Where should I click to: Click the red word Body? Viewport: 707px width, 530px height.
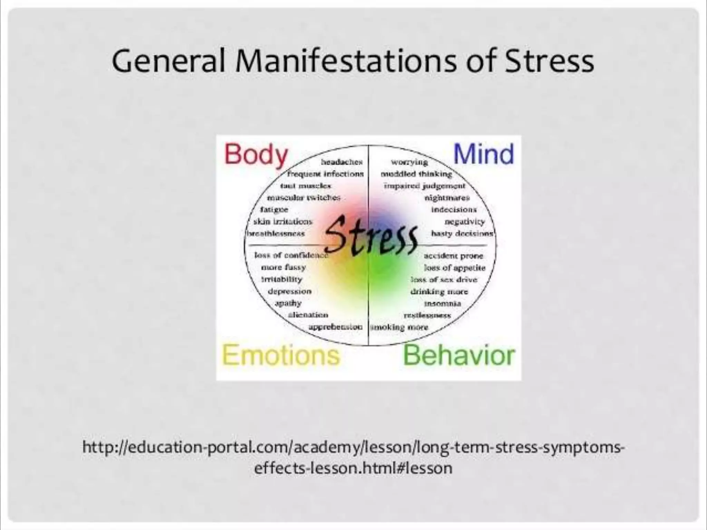click(256, 155)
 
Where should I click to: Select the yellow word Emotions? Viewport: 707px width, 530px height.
click(281, 355)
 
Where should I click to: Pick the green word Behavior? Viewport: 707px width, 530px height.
click(459, 355)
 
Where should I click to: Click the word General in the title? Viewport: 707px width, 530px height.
click(168, 61)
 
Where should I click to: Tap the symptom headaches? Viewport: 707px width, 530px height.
click(342, 162)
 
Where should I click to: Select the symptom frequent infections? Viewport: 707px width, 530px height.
click(325, 174)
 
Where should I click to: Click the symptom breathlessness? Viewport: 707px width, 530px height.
click(275, 234)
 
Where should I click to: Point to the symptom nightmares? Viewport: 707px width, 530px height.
click(447, 198)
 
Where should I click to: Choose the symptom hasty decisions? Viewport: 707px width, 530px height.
click(462, 234)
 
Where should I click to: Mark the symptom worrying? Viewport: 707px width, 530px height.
click(409, 162)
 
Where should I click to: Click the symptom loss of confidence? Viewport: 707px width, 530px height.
click(291, 255)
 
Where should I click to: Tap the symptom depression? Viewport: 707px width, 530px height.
click(290, 291)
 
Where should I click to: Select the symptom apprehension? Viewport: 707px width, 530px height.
click(335, 327)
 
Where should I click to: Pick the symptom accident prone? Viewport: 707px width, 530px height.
click(453, 256)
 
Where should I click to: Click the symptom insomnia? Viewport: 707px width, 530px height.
click(443, 304)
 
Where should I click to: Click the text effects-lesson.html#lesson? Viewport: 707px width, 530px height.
click(353, 468)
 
